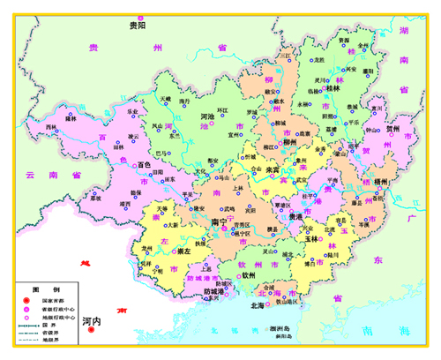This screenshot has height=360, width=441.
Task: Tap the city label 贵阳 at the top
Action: pyautogui.click(x=138, y=25)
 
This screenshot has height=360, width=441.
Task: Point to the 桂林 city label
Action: pyautogui.click(x=333, y=88)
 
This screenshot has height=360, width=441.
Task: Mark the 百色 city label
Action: pyautogui.click(x=145, y=164)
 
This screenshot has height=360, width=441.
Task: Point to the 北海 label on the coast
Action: pyautogui.click(x=257, y=305)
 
